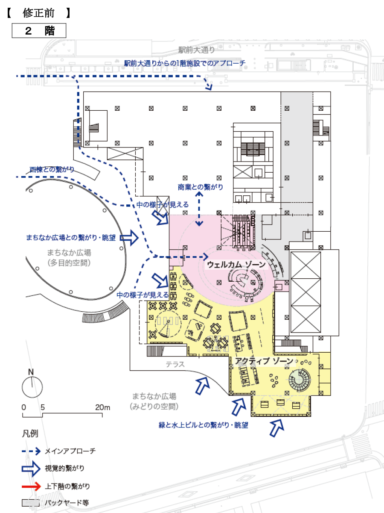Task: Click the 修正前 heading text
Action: click(x=38, y=13)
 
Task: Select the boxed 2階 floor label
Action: click(x=39, y=31)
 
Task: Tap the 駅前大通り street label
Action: click(x=197, y=50)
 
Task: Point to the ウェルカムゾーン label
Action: click(x=236, y=265)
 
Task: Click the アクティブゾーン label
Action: click(x=265, y=361)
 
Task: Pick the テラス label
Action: click(x=175, y=364)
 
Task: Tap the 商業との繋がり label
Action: click(x=200, y=187)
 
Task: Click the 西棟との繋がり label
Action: click(x=52, y=170)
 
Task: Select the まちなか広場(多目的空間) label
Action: click(x=69, y=257)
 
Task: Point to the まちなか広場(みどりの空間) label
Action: click(x=154, y=401)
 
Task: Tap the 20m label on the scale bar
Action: click(x=102, y=407)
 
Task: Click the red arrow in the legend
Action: click(x=32, y=486)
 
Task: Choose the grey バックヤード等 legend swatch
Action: click(x=30, y=503)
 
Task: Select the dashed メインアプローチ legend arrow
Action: click(x=32, y=451)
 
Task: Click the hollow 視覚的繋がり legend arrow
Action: click(x=32, y=469)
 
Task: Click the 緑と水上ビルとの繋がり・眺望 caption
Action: click(x=203, y=425)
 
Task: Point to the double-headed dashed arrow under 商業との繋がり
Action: click(x=199, y=208)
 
